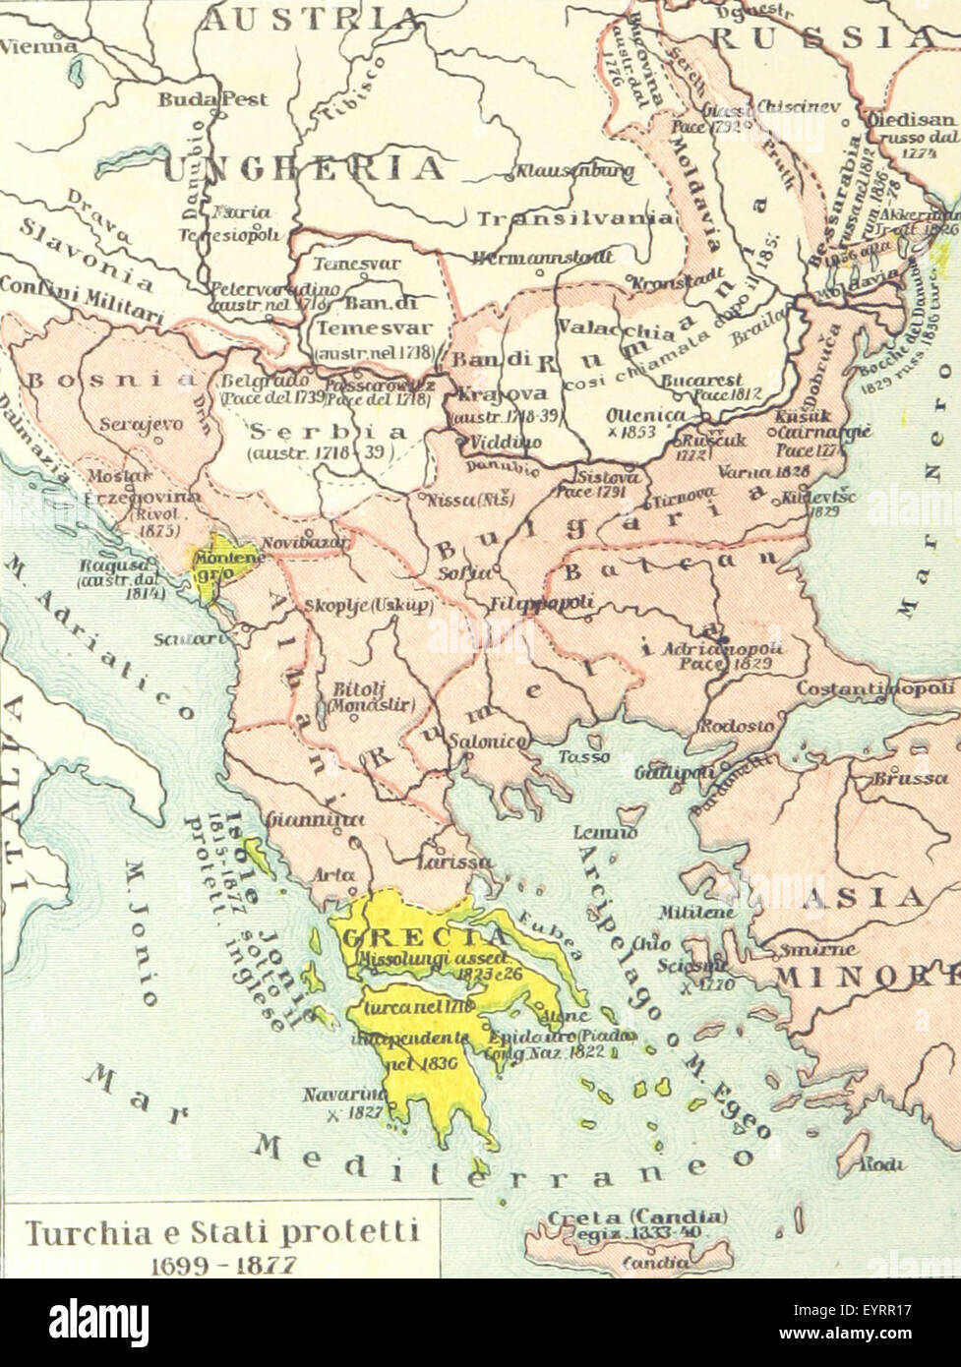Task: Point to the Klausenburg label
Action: tap(571, 172)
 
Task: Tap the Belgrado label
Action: tap(254, 381)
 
